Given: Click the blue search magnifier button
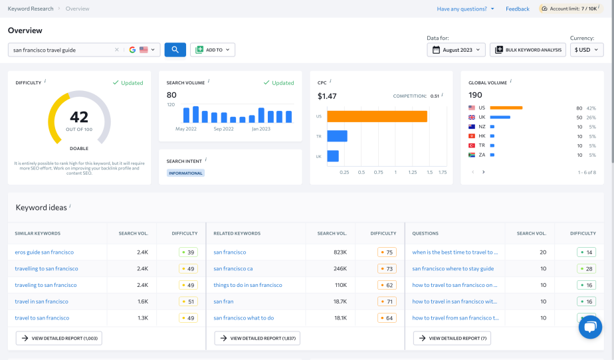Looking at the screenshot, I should (x=175, y=50).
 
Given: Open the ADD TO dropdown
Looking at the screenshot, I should (x=213, y=50).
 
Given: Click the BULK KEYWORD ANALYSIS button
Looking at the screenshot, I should (x=528, y=50).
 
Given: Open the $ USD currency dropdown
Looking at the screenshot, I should (x=587, y=50).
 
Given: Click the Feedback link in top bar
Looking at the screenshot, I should (x=517, y=9).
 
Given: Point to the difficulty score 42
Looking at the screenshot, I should (x=79, y=117).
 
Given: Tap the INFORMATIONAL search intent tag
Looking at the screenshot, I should (x=186, y=173).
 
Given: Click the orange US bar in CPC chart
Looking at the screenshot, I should (x=377, y=116).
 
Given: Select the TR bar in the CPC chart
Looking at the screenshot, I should (x=338, y=136).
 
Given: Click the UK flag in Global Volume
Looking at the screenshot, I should (x=472, y=117).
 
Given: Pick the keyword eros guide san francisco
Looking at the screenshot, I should (x=45, y=252).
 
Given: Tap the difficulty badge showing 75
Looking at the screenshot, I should (x=387, y=252).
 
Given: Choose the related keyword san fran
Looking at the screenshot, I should (x=223, y=302).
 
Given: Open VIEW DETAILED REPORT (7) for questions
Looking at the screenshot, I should (x=447, y=338).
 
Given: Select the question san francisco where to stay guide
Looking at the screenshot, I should (x=453, y=269).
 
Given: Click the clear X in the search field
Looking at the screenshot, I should (x=116, y=50).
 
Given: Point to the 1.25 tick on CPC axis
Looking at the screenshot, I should (x=413, y=172).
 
